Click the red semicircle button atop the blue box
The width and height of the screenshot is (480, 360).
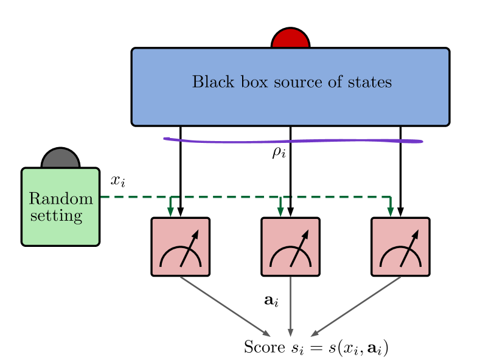pyautogui.click(x=290, y=39)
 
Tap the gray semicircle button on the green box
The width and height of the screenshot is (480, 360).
pyautogui.click(x=60, y=159)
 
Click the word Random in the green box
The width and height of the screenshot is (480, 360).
pyautogui.click(x=61, y=199)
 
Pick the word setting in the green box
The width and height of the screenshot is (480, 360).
pyautogui.click(x=56, y=215)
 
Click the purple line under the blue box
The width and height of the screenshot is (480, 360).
pyautogui.click(x=292, y=141)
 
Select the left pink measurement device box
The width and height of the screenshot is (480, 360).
pyautogui.click(x=180, y=247)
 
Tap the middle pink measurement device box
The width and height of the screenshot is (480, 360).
pyautogui.click(x=290, y=247)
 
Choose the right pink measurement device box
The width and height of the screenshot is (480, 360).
pyautogui.click(x=400, y=247)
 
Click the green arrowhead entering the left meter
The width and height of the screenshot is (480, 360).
pyautogui.click(x=170, y=212)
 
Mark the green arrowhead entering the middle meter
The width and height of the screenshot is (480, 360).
pyautogui.click(x=280, y=212)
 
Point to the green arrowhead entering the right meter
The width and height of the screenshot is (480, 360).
pyautogui.click(x=391, y=212)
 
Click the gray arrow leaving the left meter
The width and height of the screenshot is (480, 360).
pyautogui.click(x=225, y=306)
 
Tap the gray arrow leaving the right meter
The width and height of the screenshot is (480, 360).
pyautogui.click(x=356, y=306)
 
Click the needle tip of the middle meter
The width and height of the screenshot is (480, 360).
pyautogui.click(x=306, y=232)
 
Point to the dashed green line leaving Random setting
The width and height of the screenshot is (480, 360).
pyautogui.click(x=134, y=197)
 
